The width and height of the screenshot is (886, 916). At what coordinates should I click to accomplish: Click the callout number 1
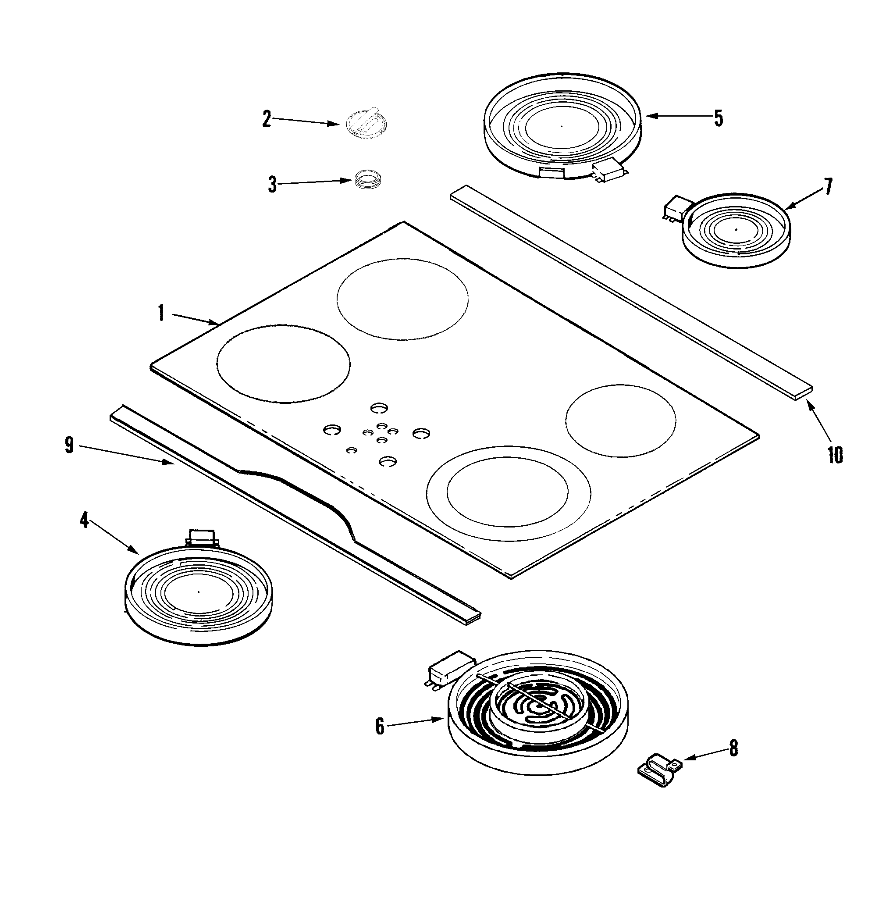pyautogui.click(x=161, y=313)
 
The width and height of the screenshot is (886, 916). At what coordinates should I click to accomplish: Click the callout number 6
pyautogui.click(x=380, y=727)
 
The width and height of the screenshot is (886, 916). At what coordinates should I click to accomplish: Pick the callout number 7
pyautogui.click(x=828, y=187)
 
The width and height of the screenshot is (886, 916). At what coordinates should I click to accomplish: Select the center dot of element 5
pyautogui.click(x=562, y=126)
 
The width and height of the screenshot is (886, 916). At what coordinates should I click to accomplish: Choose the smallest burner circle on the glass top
pyautogui.click(x=621, y=421)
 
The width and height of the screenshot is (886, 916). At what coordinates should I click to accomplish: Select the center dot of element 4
pyautogui.click(x=198, y=592)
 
